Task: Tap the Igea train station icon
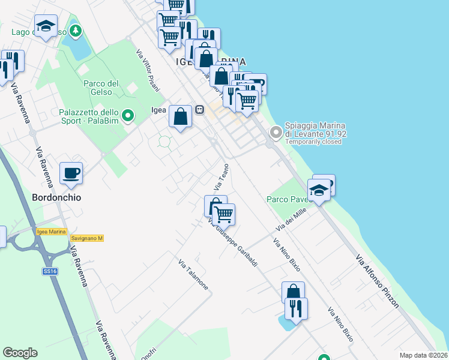click(x=199, y=110)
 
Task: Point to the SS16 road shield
click(x=50, y=271)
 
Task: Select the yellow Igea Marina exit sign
click(x=50, y=232)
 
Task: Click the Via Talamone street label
click(x=193, y=275)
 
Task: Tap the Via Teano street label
click(x=221, y=178)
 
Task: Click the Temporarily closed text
click(x=313, y=142)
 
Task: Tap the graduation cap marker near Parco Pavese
click(x=319, y=191)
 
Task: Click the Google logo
click(x=20, y=353)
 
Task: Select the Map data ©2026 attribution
click(x=423, y=355)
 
